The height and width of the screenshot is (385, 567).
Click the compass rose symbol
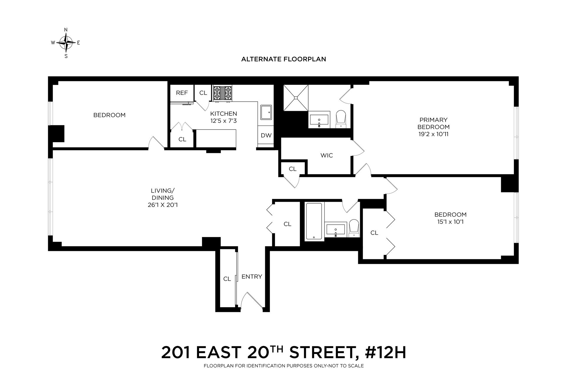66,43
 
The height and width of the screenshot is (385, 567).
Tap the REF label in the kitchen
182,93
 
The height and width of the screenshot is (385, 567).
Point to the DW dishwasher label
266,136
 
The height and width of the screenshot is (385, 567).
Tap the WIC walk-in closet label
327,155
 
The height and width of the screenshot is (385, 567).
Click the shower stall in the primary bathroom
296,98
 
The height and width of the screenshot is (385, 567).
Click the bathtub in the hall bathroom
314,221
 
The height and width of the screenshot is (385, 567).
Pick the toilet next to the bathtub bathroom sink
353,228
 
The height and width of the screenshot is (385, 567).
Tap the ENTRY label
252,277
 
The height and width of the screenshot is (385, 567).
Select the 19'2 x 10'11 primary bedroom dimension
433,134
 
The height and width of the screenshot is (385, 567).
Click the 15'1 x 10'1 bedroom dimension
450,222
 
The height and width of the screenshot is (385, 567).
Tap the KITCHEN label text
224,114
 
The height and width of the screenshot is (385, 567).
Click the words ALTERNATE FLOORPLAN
283,59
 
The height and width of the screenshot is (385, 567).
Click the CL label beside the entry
227,279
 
